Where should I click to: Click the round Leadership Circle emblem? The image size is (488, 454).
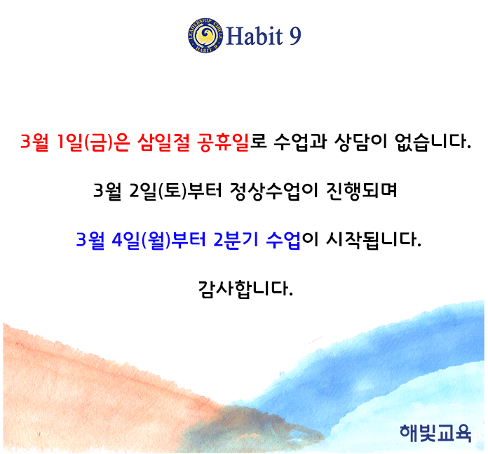point(205,35)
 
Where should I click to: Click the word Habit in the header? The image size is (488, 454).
point(255,36)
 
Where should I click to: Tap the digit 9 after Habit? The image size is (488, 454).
point(295,36)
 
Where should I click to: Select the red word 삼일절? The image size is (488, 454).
point(163,142)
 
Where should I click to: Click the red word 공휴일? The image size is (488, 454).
point(223,142)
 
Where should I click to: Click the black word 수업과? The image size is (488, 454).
point(300,142)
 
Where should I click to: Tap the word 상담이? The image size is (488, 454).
point(360,142)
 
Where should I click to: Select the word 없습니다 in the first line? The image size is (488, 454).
point(433,142)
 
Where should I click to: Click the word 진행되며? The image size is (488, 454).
point(361,190)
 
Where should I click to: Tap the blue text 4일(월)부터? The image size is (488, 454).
point(158,240)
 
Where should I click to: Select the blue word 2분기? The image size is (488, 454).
point(236,240)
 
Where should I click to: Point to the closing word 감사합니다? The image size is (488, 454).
point(245,289)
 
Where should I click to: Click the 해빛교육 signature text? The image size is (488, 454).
point(435,433)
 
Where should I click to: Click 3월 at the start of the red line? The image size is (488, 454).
point(34,142)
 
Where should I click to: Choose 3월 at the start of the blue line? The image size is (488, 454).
point(90,240)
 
